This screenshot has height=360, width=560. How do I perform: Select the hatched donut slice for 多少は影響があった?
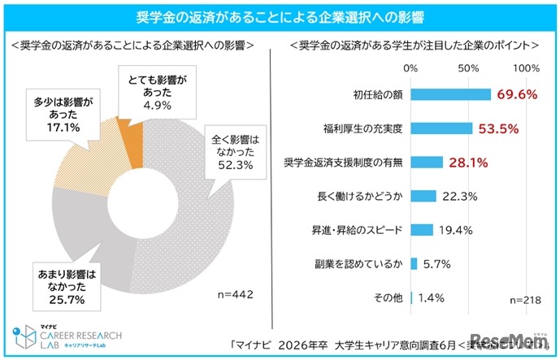(89, 167)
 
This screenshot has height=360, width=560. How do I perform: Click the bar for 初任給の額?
(451, 94)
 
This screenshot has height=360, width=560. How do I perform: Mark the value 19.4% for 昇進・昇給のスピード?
(456, 230)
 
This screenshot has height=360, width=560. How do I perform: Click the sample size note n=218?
(526, 299)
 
